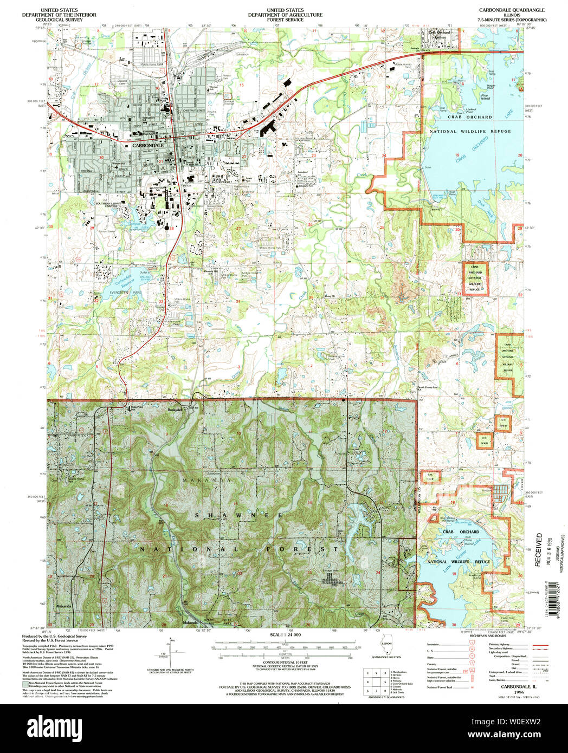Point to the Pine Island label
pos(485,98)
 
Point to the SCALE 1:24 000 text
pos(285,634)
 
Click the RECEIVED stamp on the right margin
pos(538,549)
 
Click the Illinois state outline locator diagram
pos(387,648)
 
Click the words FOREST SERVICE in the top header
pos(285,20)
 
